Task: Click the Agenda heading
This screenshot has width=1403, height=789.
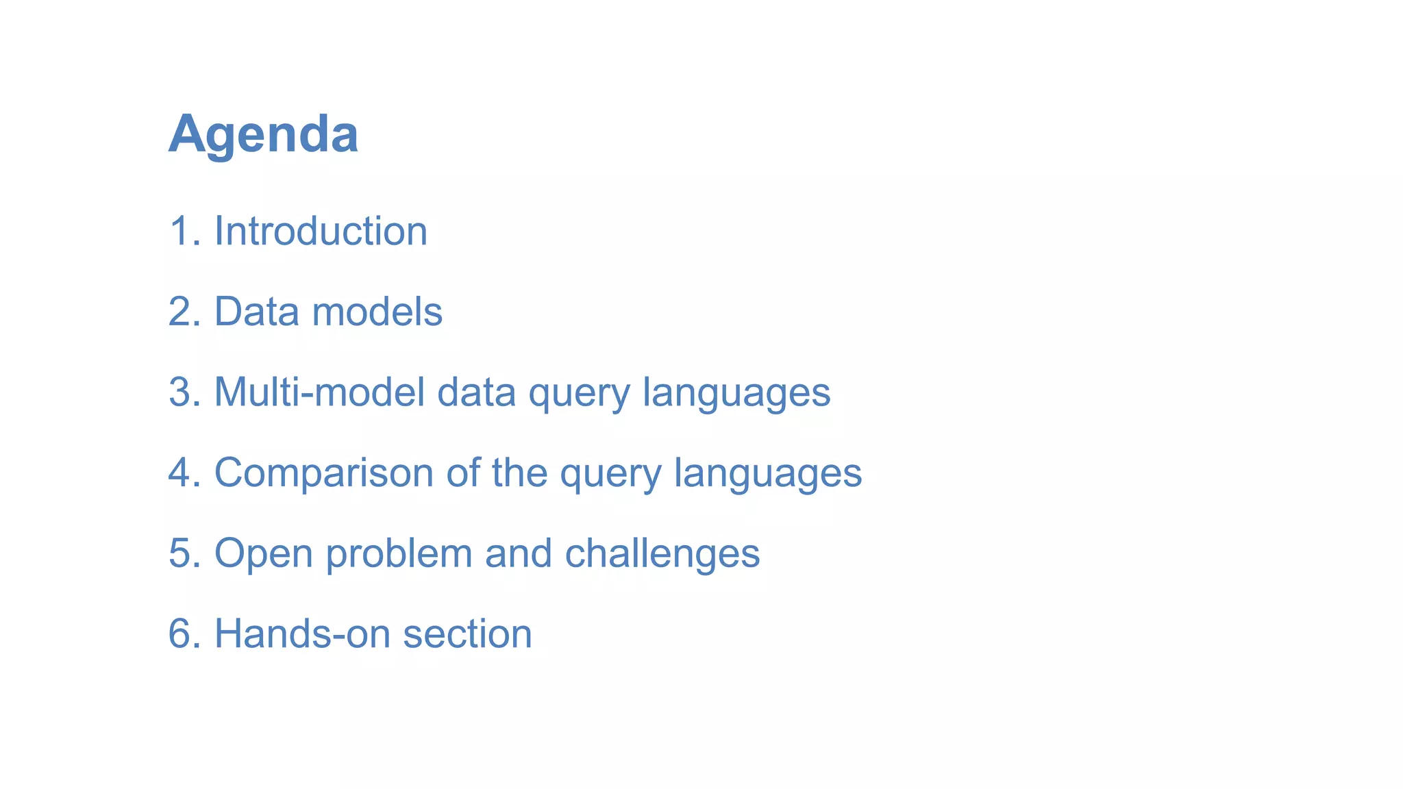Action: click(x=263, y=134)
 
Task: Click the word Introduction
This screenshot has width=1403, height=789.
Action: click(x=321, y=231)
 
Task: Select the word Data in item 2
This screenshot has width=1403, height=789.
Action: click(x=257, y=312)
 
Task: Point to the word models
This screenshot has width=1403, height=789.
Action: click(x=377, y=312)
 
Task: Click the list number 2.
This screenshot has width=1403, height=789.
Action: click(x=181, y=312)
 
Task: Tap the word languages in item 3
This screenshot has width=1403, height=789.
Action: click(x=736, y=394)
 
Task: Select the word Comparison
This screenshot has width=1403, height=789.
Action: click(x=323, y=473)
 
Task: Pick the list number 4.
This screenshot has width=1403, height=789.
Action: click(x=181, y=473)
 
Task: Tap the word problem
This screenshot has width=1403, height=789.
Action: click(x=399, y=553)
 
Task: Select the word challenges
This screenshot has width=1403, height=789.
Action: click(x=662, y=553)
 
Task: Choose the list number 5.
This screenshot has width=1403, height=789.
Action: click(x=181, y=553)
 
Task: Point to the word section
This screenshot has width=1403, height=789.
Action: click(x=467, y=634)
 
